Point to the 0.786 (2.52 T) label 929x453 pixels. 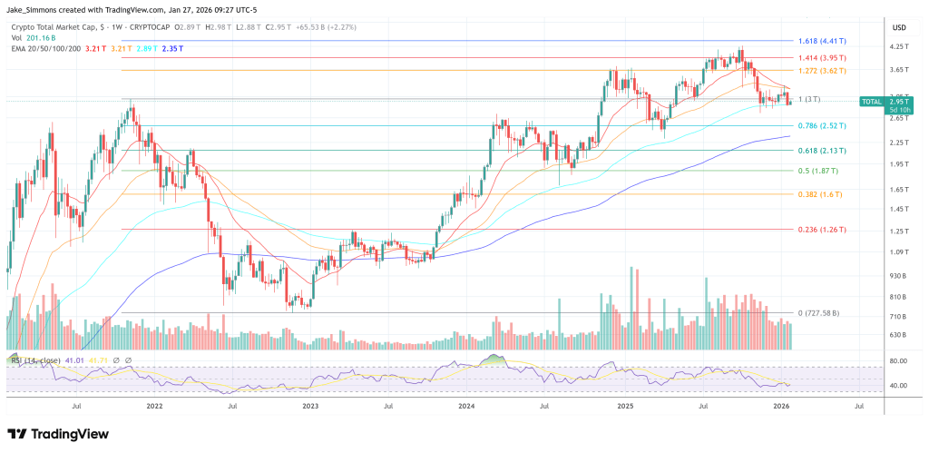pos(821,126)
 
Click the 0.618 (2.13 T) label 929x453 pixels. pos(821,151)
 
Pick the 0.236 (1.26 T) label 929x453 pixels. pos(821,231)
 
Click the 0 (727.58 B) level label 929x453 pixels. pos(818,313)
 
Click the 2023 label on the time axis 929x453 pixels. pos(311,408)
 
